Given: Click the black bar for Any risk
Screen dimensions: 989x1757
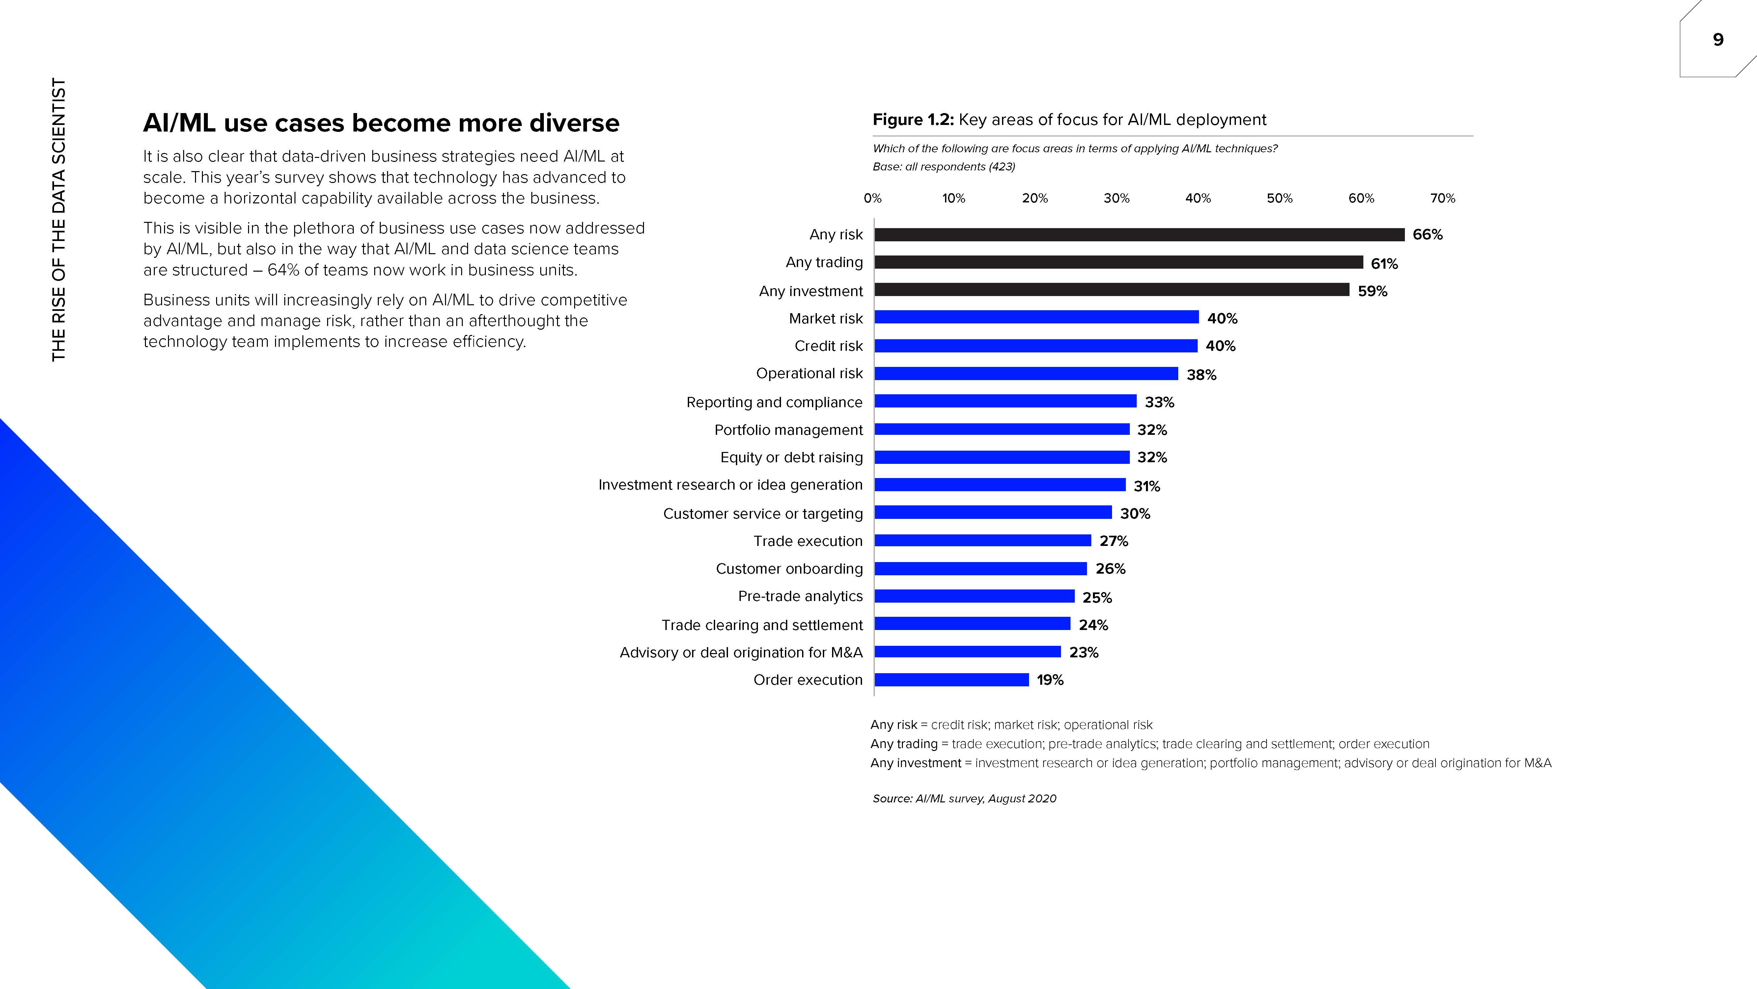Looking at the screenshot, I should pyautogui.click(x=1139, y=235).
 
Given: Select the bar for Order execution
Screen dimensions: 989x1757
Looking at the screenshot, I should pyautogui.click(x=952, y=680).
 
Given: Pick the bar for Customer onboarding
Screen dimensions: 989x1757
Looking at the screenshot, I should pyautogui.click(x=980, y=569).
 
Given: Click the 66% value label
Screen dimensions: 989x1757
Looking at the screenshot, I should pyautogui.click(x=1428, y=235).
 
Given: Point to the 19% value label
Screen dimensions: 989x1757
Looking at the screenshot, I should pyautogui.click(x=1050, y=680).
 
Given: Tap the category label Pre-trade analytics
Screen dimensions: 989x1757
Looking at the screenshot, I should pyautogui.click(x=800, y=597).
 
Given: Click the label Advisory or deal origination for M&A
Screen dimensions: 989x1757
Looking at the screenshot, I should pyautogui.click(x=741, y=652).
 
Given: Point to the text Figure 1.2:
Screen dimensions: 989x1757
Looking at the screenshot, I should pyautogui.click(x=913, y=120).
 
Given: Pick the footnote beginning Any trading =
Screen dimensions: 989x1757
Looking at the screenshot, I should pyautogui.click(x=1149, y=744).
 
